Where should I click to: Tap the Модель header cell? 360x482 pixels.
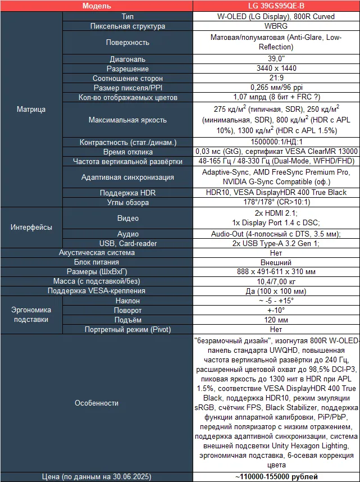[97, 6]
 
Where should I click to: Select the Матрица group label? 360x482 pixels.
[31, 109]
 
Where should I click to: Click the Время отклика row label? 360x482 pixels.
[128, 152]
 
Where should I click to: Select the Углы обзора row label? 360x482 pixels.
[128, 202]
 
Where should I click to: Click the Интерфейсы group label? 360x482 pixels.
[31, 228]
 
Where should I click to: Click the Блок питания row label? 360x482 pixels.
[97, 262]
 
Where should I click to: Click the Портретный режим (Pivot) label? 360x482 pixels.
[128, 329]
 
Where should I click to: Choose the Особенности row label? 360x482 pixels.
[97, 403]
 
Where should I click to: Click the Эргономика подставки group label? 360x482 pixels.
[31, 315]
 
